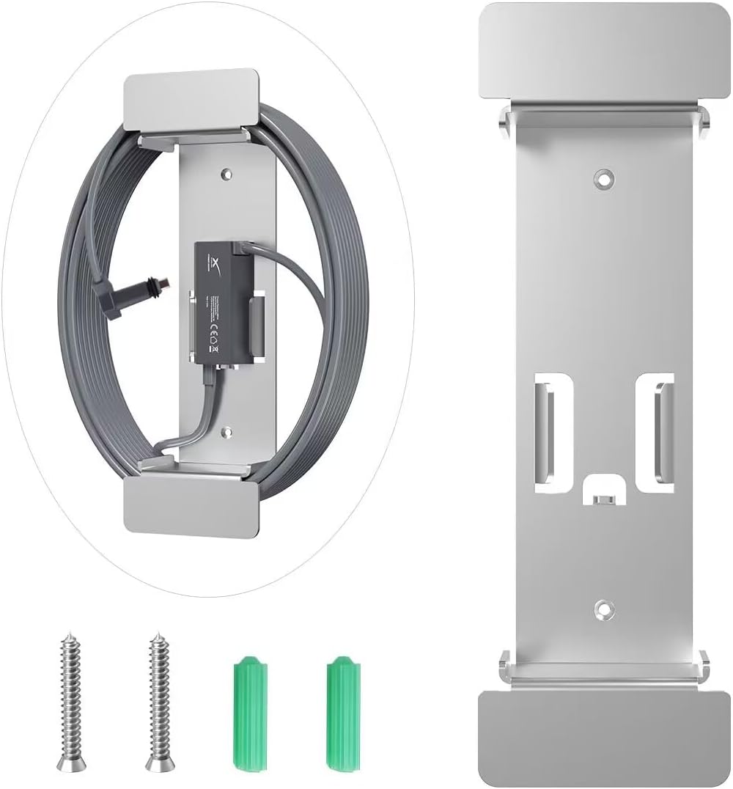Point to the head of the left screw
coord(70,763)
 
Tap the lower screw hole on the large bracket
coord(603,607)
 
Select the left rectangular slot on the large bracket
coord(548,433)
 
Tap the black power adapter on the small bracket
coord(220,301)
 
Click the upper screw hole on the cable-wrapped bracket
coord(225,175)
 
